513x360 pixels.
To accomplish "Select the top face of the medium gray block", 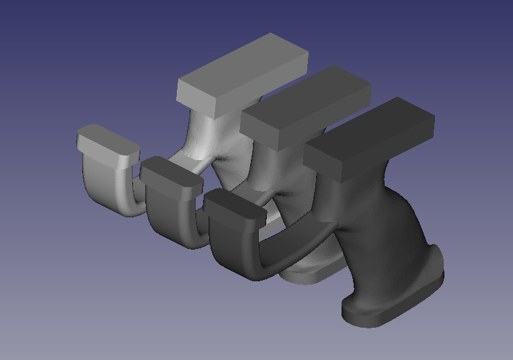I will coord(306,101).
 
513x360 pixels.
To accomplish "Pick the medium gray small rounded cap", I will coord(171,171).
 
